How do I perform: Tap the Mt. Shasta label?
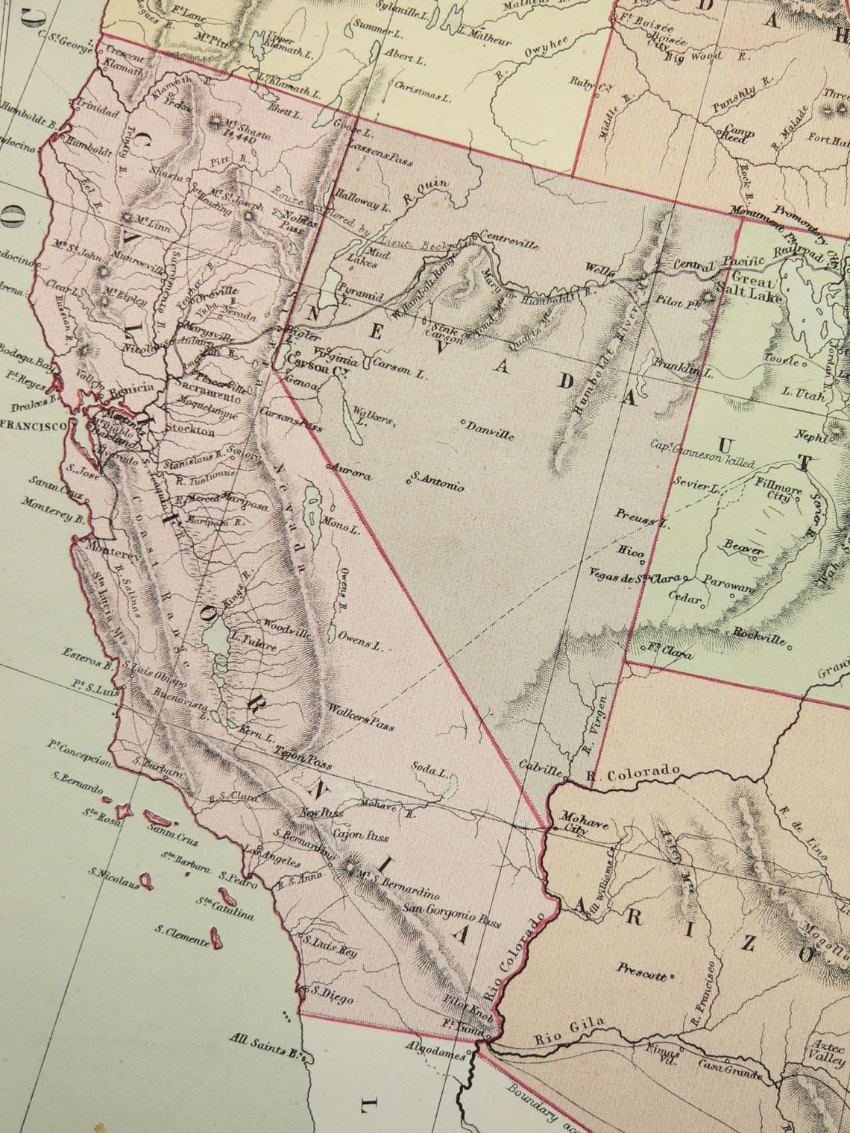251,129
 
